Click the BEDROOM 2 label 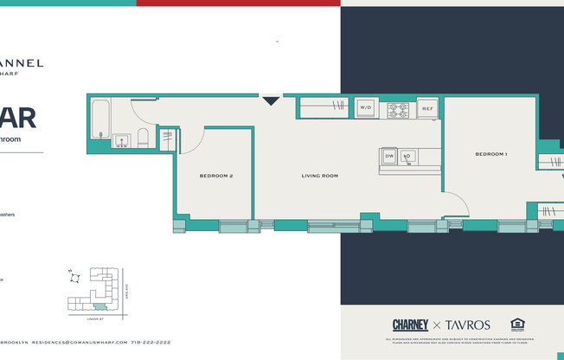pos(216,176)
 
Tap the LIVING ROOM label pos(319,176)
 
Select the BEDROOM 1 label pos(490,154)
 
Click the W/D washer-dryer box pos(365,108)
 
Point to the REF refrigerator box pos(426,108)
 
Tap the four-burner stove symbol pos(397,109)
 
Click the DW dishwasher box pos(389,157)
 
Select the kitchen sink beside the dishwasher pos(407,157)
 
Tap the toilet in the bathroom pos(144,138)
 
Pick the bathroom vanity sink pos(121,139)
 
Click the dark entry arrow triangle pos(271,100)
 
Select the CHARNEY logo pos(410,325)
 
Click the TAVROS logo pos(468,325)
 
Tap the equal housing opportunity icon pos(518,325)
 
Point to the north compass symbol pos(75,277)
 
